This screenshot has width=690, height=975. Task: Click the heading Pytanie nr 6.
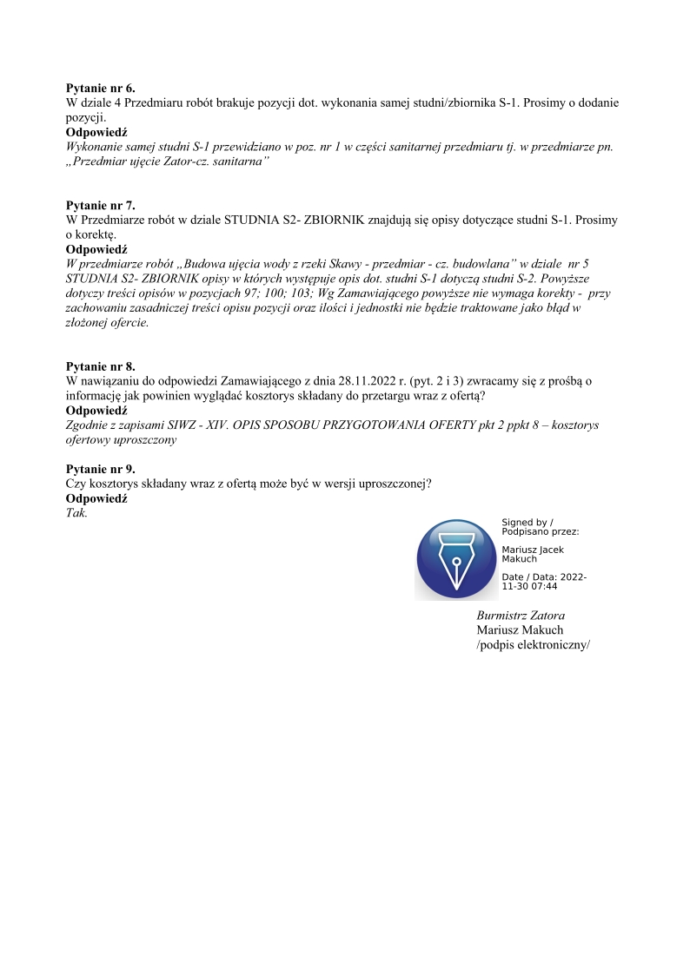(100, 88)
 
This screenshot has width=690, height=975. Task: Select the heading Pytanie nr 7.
(100, 206)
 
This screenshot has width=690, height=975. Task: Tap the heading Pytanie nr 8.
(100, 366)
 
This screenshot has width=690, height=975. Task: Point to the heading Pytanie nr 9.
(100, 470)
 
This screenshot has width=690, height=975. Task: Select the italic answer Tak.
(76, 513)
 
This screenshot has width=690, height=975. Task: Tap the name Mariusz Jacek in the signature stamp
(533, 550)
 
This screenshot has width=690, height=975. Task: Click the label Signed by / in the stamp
(527, 523)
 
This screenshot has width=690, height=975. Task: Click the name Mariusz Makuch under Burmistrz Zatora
(520, 630)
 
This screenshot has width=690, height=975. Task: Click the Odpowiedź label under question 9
(96, 499)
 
